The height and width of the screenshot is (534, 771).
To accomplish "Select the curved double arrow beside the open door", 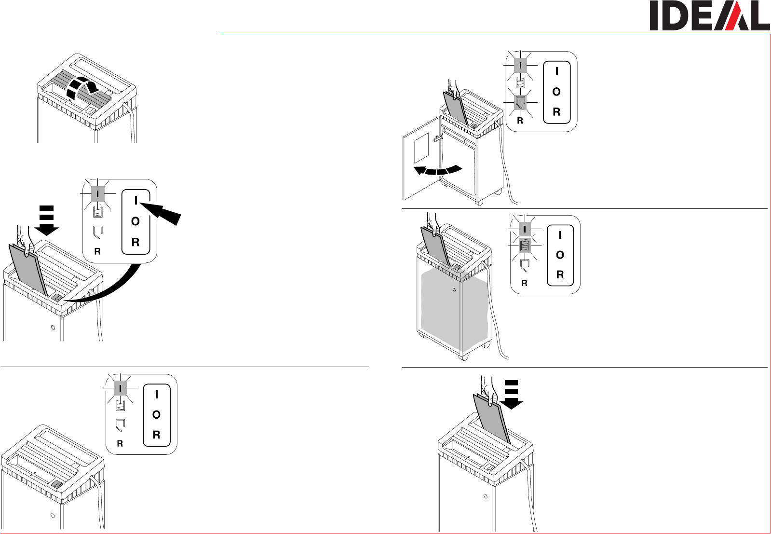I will (438, 170).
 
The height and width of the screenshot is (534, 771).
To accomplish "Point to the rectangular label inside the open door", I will (421, 148).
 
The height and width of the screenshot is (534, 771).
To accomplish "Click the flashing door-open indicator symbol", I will (520, 102).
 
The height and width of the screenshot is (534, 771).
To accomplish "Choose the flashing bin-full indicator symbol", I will (525, 246).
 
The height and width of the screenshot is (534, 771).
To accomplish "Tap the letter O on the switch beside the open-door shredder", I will (556, 92).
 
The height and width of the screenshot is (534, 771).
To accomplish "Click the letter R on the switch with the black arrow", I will (135, 242).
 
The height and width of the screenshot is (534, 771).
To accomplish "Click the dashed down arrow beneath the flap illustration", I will (47, 220).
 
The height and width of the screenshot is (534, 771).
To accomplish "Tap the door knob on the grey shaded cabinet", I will (454, 290).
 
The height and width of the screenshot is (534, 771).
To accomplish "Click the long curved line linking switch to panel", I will (111, 289).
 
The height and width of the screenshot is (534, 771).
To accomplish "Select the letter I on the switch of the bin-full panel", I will (560, 235).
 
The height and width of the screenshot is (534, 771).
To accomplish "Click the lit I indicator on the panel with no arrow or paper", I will (120, 388).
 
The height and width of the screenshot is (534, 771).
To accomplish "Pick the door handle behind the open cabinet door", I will (439, 138).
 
